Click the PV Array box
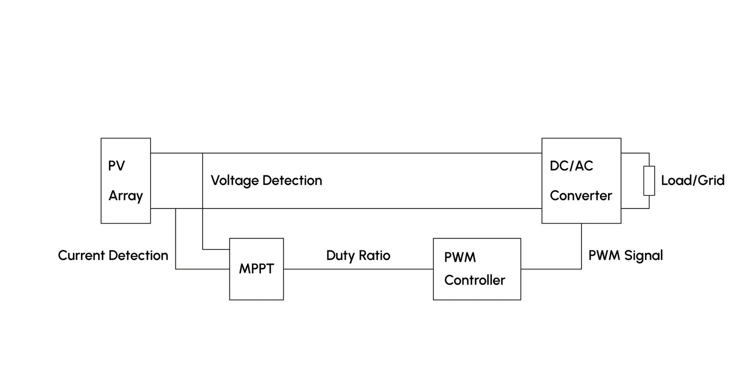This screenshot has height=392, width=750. click(125, 180)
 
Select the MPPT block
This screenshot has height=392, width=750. click(256, 269)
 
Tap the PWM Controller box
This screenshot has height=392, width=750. click(476, 269)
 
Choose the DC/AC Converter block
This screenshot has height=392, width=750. click(581, 180)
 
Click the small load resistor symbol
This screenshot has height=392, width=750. click(649, 180)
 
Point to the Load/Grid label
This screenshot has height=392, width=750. click(692, 180)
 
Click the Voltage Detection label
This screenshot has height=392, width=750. click(266, 180)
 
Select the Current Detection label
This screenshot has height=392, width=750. click(113, 255)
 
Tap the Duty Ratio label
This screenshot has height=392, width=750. click(358, 255)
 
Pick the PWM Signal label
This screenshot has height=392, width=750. click(625, 255)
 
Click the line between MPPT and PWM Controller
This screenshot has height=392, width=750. click(358, 269)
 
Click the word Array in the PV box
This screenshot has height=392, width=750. click(125, 196)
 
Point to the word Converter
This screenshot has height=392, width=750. click(581, 195)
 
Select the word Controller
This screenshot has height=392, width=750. click(474, 280)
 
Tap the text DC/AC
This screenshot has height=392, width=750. click(571, 166)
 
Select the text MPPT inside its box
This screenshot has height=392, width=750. click(256, 269)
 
